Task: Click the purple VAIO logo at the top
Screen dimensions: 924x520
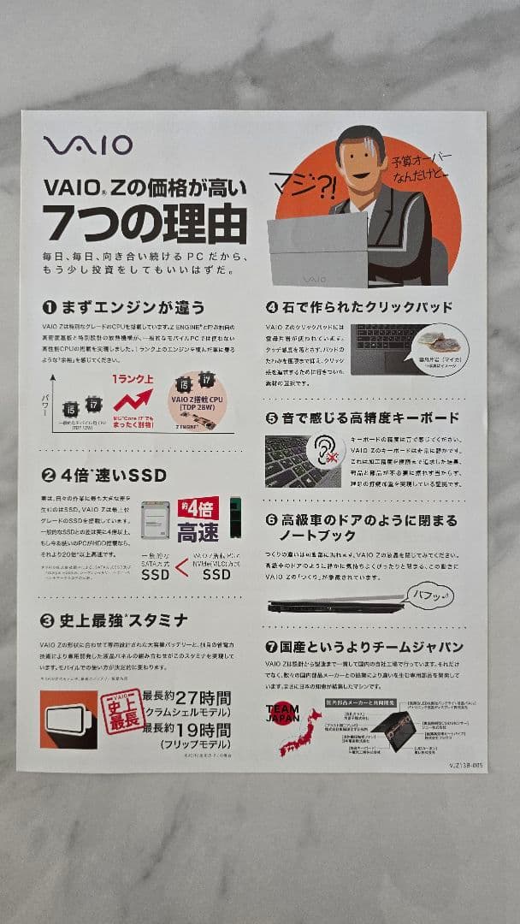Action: [88, 145]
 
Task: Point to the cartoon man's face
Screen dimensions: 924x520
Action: [360, 159]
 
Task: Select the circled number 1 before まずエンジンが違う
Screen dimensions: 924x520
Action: [49, 306]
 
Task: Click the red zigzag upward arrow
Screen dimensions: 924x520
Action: [134, 398]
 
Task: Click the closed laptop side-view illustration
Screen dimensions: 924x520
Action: [335, 606]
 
